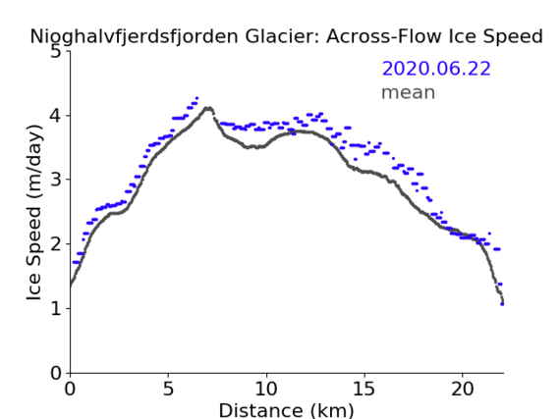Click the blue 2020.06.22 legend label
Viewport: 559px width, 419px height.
click(x=436, y=69)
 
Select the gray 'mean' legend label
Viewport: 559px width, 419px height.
click(x=409, y=92)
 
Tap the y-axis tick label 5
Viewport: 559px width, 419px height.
click(x=56, y=52)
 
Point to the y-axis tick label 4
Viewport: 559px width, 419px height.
click(x=56, y=116)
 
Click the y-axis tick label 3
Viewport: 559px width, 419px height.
click(x=56, y=180)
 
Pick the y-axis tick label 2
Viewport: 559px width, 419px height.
click(x=56, y=244)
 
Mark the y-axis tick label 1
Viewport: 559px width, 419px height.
click(x=56, y=309)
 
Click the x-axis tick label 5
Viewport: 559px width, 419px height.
click(x=168, y=390)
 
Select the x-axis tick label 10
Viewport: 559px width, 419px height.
click(x=266, y=390)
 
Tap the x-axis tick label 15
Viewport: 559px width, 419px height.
click(x=364, y=390)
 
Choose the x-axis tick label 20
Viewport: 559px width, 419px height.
click(x=463, y=390)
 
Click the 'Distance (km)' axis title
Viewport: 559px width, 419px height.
click(x=286, y=411)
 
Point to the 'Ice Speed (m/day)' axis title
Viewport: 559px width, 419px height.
click(x=34, y=213)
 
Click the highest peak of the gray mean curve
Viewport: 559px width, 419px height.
click(x=208, y=108)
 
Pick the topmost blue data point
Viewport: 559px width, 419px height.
click(x=196, y=97)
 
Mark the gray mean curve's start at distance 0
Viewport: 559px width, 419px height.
click(x=71, y=286)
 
